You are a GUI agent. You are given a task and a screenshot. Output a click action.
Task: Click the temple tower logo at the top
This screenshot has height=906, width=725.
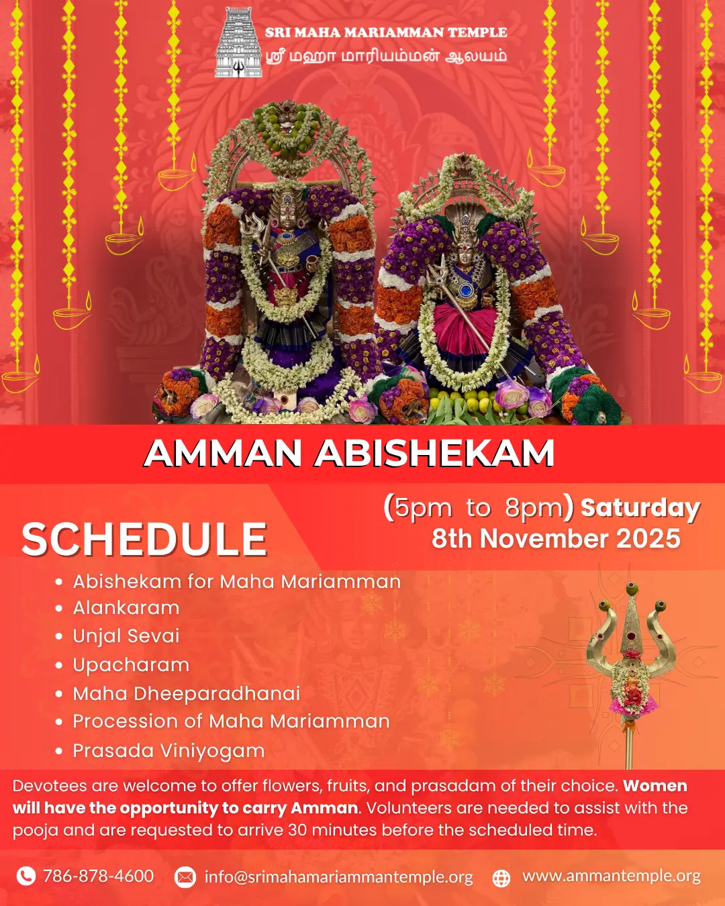point(238,42)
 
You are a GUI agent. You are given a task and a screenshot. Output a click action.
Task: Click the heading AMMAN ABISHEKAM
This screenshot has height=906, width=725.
point(349,454)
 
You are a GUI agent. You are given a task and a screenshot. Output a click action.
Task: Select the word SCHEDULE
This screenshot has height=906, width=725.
point(144,540)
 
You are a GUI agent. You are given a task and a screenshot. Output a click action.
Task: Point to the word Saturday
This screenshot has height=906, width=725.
point(640,509)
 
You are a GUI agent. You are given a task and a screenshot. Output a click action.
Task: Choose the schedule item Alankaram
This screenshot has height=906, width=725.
point(126,608)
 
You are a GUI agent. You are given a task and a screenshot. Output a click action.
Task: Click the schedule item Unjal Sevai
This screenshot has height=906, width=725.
point(126,636)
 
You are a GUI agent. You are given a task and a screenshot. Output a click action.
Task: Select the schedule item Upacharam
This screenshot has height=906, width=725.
point(131,665)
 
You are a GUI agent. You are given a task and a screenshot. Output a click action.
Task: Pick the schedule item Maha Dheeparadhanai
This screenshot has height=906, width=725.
point(186,693)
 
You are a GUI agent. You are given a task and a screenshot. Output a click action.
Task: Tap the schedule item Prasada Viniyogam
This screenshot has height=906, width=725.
point(168,751)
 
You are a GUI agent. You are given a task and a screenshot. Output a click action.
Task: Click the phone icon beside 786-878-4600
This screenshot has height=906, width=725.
point(26,876)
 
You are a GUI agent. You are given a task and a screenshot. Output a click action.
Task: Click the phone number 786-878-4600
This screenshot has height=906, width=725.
point(99,876)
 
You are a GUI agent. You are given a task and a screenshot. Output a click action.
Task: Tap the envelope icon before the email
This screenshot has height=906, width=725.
point(185,877)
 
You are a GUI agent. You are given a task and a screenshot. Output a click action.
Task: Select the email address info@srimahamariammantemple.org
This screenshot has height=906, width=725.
point(339,877)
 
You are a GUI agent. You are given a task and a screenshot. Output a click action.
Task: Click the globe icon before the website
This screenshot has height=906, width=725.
point(501,878)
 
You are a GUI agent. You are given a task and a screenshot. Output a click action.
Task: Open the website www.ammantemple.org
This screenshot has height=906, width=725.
point(612,876)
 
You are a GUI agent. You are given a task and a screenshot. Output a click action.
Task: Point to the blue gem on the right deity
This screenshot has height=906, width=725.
point(466,290)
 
